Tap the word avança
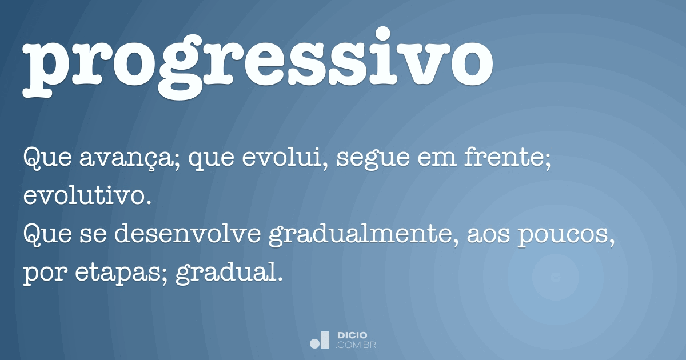pyautogui.click(x=117, y=157)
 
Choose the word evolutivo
pyautogui.click(x=86, y=197)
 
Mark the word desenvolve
pyautogui.click(x=192, y=235)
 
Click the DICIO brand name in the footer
pyautogui.click(x=352, y=335)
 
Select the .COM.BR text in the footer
pyautogui.click(x=356, y=345)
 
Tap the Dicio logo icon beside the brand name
pyautogui.click(x=320, y=340)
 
